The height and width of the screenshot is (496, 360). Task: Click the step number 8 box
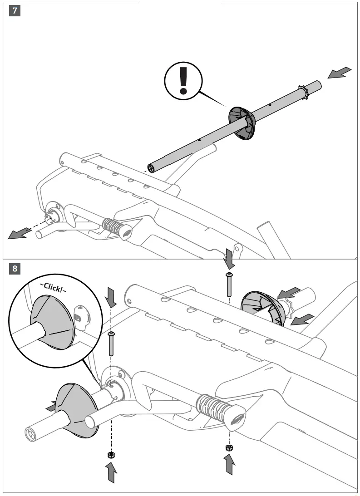[15, 269]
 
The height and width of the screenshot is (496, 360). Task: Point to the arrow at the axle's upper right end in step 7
[340, 73]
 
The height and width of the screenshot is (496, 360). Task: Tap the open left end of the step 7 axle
[152, 168]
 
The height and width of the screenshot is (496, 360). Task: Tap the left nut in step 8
[110, 455]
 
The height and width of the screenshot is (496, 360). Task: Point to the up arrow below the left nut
[110, 472]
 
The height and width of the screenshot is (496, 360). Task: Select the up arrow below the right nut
[230, 466]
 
